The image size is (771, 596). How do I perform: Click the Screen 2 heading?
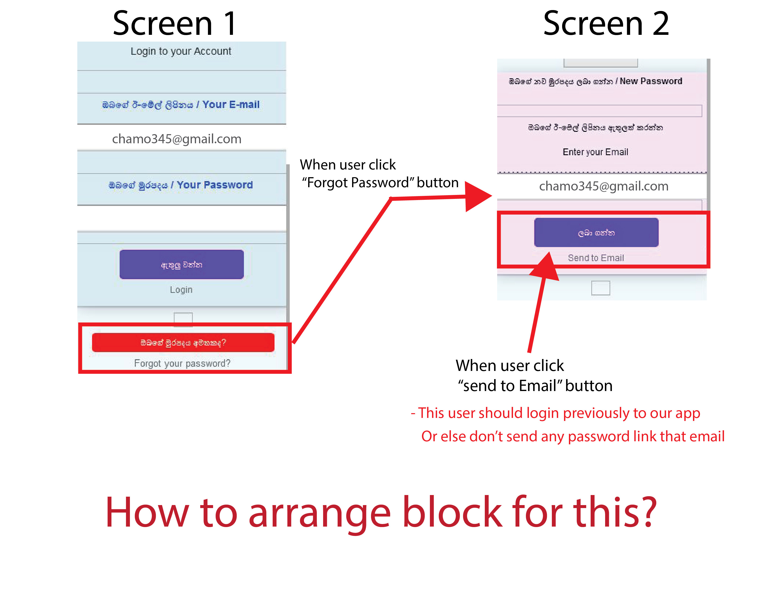tap(606, 23)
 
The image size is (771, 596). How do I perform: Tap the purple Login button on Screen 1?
tap(182, 264)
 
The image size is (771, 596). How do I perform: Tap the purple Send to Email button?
tap(596, 232)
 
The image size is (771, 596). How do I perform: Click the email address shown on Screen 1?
tap(176, 139)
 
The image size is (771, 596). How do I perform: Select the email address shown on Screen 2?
tap(604, 186)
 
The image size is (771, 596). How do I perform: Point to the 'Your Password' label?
tap(215, 185)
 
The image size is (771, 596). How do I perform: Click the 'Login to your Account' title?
tap(181, 51)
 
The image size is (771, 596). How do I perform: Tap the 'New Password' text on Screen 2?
tap(651, 81)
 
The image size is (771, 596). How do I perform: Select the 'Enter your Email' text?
tap(595, 152)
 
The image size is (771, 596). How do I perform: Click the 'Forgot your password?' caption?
tap(182, 363)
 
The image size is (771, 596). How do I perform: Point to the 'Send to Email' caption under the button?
tap(596, 258)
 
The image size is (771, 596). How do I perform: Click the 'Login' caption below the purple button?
tap(181, 290)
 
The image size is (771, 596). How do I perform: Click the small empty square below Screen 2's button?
tap(600, 288)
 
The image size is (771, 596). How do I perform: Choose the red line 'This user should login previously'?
tap(555, 413)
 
